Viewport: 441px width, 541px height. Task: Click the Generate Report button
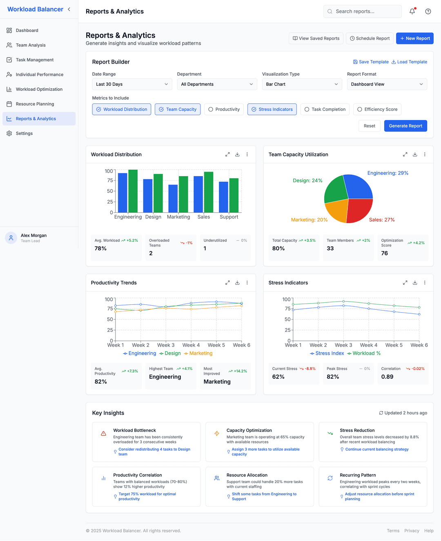tap(405, 126)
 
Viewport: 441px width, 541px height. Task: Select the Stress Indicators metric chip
tap(272, 110)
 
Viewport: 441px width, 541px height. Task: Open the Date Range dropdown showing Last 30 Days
tap(132, 84)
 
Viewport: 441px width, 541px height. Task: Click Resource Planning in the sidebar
tap(35, 104)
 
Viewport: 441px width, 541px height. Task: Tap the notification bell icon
tap(412, 11)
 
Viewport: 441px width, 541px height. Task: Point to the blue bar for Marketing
tap(173, 199)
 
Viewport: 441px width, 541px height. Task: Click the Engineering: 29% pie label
tap(388, 173)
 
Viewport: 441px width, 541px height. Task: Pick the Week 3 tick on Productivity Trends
tap(166, 345)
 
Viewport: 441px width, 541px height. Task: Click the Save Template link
tap(371, 62)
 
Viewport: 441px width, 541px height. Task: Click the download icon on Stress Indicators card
tap(415, 283)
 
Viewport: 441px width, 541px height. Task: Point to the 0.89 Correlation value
tap(387, 377)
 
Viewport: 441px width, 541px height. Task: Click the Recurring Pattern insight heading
tap(358, 475)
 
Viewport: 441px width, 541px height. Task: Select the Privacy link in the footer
tap(412, 531)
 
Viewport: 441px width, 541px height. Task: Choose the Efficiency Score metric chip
tap(377, 110)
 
